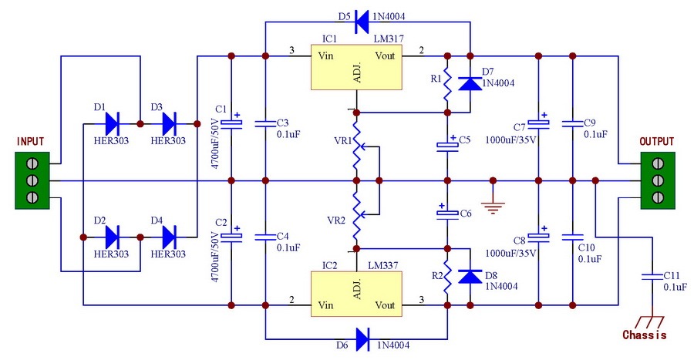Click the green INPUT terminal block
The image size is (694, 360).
34,181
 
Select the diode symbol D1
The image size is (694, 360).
113,123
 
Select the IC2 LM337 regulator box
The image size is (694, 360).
356,294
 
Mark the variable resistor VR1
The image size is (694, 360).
356,145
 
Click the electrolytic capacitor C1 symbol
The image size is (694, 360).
231,123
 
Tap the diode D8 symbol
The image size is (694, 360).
470,274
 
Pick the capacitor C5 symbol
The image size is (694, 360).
446,144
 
